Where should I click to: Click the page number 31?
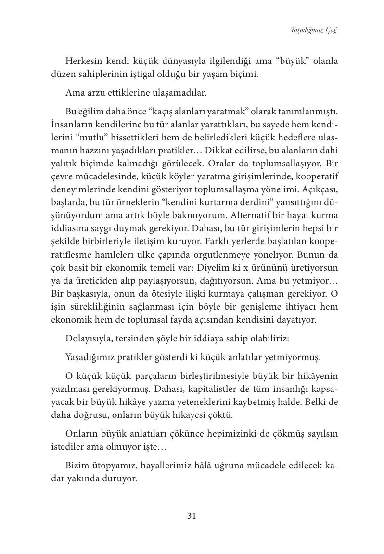coord(192,516)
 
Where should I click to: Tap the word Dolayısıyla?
coord(90,339)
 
